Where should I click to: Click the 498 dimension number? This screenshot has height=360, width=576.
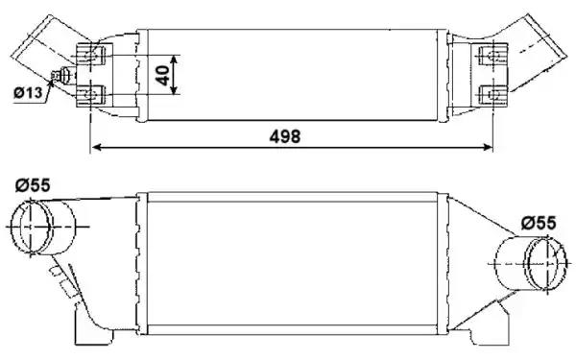[284, 136]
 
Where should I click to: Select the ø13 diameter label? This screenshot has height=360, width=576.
[29, 93]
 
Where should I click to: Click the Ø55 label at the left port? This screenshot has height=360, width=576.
[33, 185]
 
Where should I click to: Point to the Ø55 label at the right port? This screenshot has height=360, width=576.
[538, 223]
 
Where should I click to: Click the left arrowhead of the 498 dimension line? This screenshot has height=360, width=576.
[94, 149]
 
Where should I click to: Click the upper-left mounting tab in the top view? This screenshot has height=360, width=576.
[92, 54]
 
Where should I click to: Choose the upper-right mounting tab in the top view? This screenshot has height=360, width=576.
[493, 56]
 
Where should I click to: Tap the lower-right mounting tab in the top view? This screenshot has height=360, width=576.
[494, 94]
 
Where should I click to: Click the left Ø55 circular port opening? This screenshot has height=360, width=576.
[35, 227]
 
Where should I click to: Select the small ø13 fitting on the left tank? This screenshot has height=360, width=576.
[64, 77]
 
